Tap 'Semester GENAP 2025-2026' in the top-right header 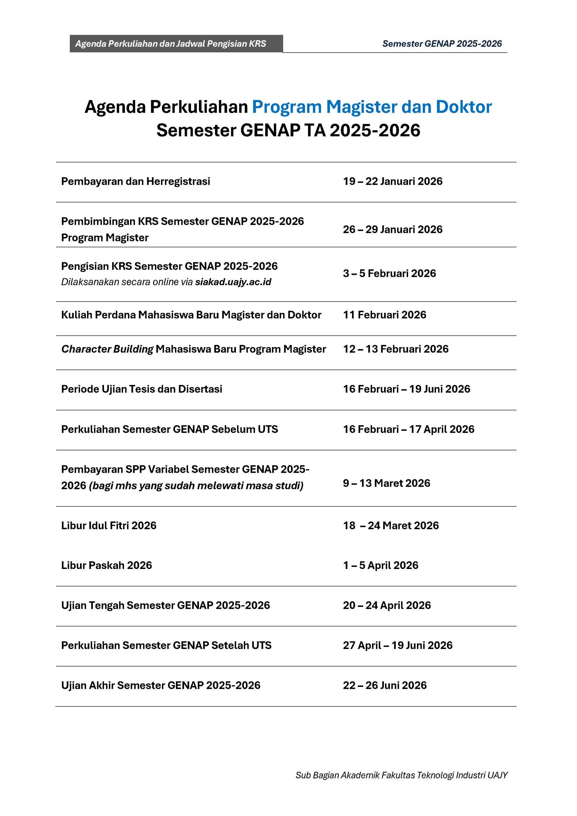tap(442, 44)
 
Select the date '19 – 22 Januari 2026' tap(392, 181)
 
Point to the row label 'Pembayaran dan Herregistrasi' tap(135, 181)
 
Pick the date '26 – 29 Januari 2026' tap(392, 229)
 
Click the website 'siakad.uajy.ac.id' tap(233, 282)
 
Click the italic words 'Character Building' tap(107, 349)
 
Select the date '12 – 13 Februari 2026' tap(396, 349)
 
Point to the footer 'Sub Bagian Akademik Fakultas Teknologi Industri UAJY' tap(401, 775)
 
